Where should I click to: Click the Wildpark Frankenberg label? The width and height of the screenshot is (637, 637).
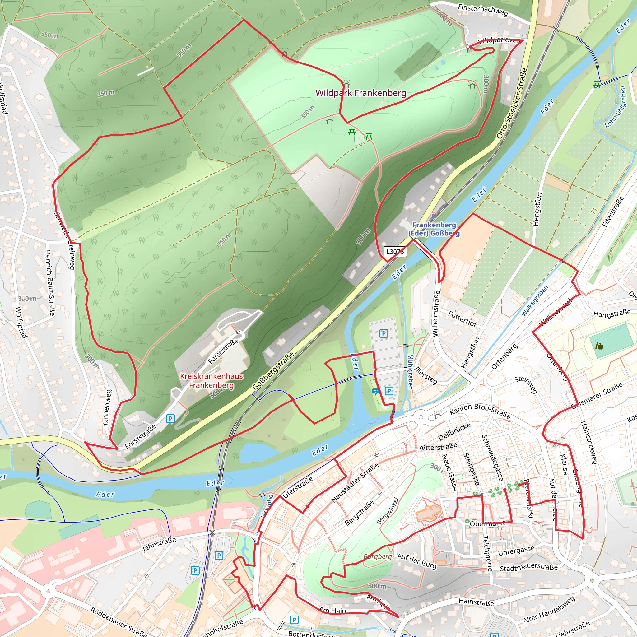(361, 93)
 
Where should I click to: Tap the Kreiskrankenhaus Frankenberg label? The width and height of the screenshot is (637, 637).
(211, 380)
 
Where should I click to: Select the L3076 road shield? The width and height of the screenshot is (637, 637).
(395, 252)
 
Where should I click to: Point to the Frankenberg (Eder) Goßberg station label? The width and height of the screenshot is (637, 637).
(434, 229)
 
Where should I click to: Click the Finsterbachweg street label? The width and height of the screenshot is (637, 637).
(483, 10)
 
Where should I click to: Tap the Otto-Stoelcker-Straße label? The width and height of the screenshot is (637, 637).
(512, 103)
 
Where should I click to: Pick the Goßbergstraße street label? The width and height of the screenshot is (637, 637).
(273, 371)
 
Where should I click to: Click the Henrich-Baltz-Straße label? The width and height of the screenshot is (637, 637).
(49, 282)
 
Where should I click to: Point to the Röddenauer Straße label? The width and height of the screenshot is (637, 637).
(119, 621)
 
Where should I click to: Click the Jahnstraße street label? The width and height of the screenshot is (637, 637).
(159, 544)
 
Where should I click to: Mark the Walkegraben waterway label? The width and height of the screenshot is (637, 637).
(534, 300)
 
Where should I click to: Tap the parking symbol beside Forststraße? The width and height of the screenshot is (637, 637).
(170, 419)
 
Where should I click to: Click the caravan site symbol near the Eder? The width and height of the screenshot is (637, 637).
(375, 391)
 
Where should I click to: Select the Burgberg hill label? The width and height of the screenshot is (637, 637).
(378, 557)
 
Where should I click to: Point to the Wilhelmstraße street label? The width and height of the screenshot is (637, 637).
(436, 314)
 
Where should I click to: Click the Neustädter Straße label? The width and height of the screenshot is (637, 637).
(355, 483)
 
